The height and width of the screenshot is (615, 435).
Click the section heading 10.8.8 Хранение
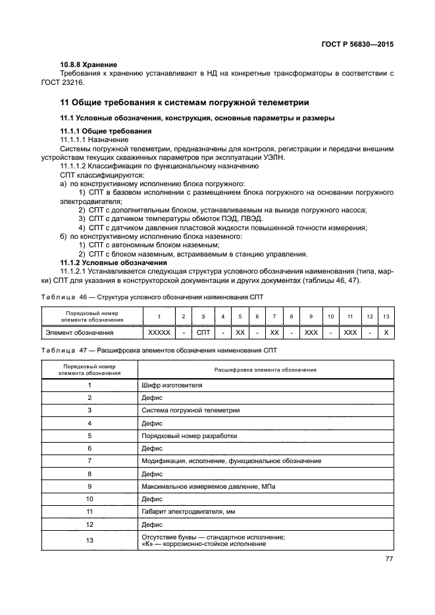tap(89, 64)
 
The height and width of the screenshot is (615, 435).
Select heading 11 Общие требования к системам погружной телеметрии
tap(184, 103)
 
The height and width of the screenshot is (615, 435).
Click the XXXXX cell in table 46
tap(159, 332)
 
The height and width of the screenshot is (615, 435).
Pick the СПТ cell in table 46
tap(203, 332)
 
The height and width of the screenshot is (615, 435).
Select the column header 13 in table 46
tap(386, 317)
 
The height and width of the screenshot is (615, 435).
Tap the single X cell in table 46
tap(386, 332)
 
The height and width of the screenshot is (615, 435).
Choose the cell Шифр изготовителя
tap(172, 384)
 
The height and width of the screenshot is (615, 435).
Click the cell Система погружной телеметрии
tap(190, 410)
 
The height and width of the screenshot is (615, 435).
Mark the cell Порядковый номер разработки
tap(189, 435)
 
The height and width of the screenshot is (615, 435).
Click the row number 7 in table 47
tap(90, 461)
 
